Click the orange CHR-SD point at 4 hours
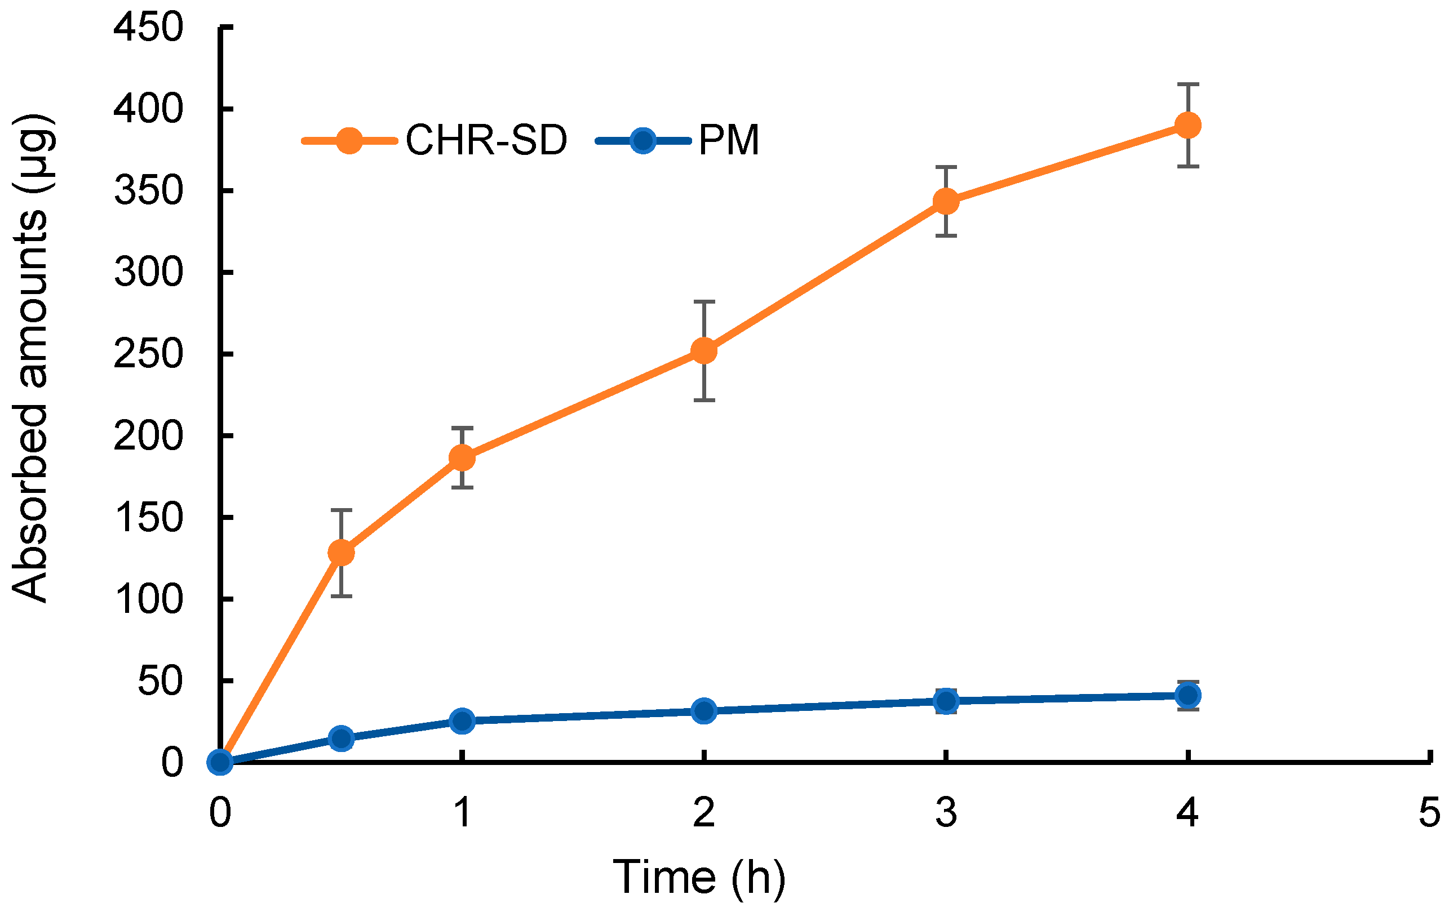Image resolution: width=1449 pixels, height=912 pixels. [1188, 125]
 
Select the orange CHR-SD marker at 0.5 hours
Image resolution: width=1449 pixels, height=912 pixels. [341, 552]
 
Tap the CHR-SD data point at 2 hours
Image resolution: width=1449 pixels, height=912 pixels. [704, 350]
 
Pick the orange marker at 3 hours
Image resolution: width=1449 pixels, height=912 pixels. [946, 201]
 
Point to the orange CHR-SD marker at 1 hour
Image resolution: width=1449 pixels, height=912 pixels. [462, 458]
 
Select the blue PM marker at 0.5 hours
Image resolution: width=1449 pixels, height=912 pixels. [341, 738]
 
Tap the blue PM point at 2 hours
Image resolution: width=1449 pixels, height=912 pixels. [704, 711]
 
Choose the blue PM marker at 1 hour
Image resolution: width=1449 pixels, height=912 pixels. [462, 720]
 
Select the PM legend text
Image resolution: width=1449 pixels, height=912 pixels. [729, 140]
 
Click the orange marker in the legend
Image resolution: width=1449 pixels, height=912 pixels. [349, 141]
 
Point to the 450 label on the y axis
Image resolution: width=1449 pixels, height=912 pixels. [148, 28]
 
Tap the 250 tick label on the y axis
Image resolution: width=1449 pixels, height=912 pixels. [148, 354]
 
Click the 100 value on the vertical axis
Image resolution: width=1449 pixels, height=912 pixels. [148, 599]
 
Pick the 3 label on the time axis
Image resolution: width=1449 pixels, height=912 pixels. [946, 812]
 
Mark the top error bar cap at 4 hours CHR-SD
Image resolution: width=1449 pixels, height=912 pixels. [1188, 85]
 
